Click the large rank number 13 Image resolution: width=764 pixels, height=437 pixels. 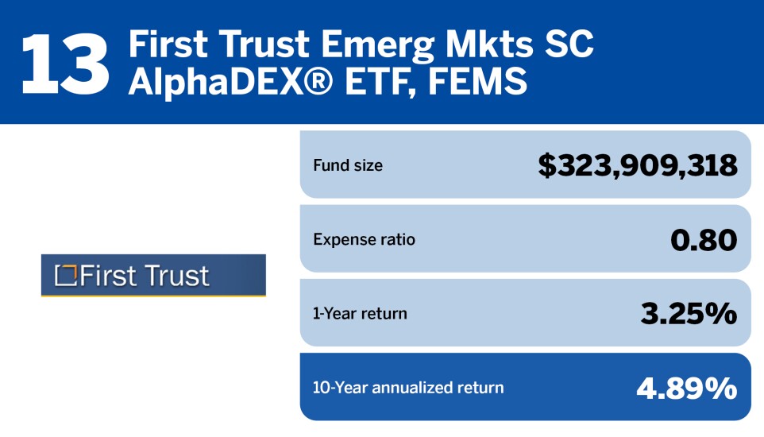(65, 63)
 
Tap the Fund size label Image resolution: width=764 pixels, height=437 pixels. (348, 166)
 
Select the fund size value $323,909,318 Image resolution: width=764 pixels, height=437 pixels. (638, 165)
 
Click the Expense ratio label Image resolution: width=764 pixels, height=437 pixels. (364, 239)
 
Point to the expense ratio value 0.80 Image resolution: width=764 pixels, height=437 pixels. (704, 239)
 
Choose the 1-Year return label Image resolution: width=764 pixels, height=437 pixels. (360, 313)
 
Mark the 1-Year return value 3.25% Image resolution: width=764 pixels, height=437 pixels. (689, 313)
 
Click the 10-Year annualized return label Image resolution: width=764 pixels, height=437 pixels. (408, 388)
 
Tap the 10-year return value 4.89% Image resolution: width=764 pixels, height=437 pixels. (686, 388)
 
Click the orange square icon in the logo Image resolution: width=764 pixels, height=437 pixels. (64, 275)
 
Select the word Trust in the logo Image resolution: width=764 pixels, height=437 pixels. (176, 276)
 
